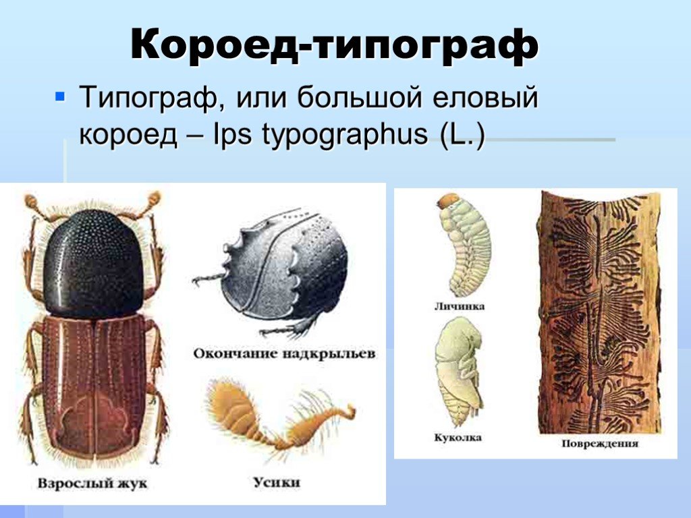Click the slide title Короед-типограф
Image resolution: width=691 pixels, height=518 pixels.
(335, 45)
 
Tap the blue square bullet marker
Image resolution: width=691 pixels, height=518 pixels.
(59, 96)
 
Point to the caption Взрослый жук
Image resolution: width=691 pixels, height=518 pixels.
(92, 483)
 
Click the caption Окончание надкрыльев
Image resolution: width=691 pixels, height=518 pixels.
(284, 353)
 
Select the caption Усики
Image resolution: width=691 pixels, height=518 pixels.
(277, 482)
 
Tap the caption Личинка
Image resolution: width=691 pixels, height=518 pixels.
(460, 306)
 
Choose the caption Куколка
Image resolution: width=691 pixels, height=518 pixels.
(458, 437)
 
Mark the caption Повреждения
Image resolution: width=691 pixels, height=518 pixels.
(600, 443)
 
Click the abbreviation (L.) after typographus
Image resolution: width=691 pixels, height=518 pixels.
(462, 134)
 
